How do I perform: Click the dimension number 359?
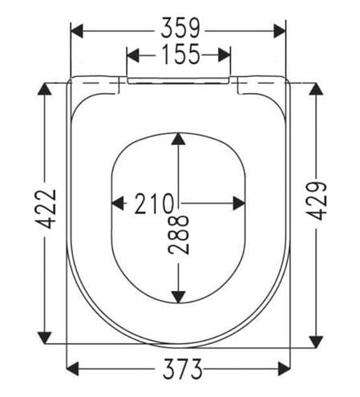tap(180, 28)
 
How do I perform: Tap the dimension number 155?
tap(181, 55)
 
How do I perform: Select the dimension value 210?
tap(154, 204)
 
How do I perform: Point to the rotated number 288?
tap(179, 235)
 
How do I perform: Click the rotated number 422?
tap(47, 209)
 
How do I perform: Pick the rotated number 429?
tap(316, 201)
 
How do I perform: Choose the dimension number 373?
tap(183, 369)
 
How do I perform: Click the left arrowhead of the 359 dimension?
tap(77, 30)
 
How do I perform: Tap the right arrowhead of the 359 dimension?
tap(280, 30)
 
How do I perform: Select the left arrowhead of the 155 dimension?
tap(132, 55)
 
